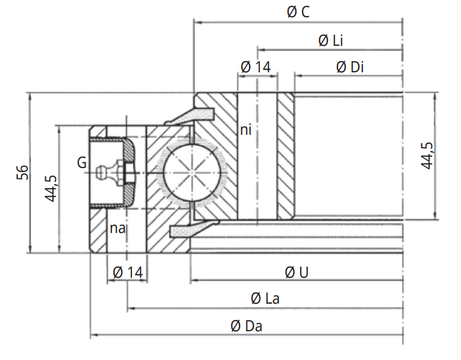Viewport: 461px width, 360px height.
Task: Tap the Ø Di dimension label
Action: click(x=349, y=67)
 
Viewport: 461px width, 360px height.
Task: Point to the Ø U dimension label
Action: click(x=296, y=272)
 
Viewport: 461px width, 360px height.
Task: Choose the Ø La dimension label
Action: click(x=265, y=299)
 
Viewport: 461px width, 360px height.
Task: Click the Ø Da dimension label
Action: click(x=246, y=326)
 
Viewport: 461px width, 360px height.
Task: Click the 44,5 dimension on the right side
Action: click(x=427, y=156)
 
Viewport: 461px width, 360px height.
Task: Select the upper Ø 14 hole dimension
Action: click(x=256, y=67)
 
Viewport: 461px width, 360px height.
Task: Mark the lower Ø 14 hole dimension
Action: click(x=128, y=272)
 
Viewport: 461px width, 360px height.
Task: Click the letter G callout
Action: click(x=82, y=162)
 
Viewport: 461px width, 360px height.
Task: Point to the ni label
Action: click(x=246, y=130)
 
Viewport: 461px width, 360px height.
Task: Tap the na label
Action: click(x=116, y=228)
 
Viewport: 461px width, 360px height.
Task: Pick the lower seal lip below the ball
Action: click(x=191, y=229)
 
